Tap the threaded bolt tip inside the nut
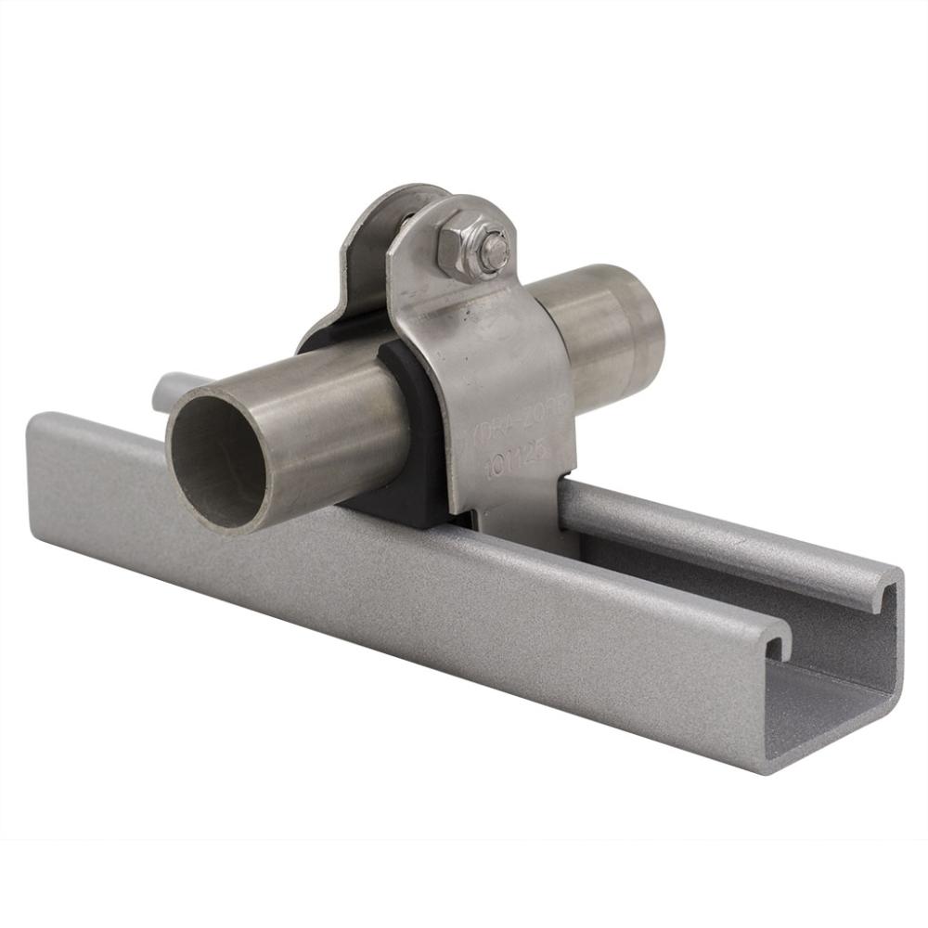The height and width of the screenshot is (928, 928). pyautogui.click(x=494, y=251)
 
